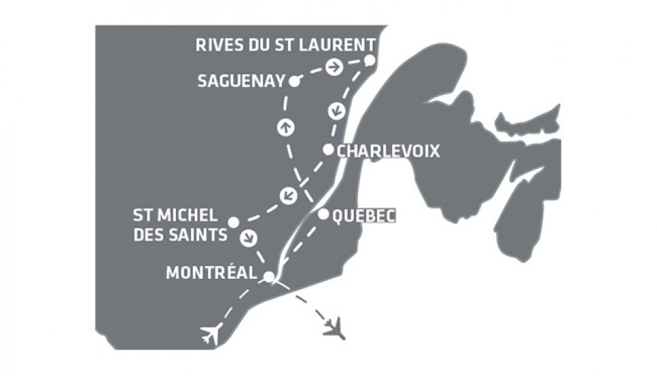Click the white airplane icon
pos(213,334)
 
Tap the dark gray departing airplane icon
pos(335,327)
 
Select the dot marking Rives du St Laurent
pos(370,60)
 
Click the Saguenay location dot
pos(294,81)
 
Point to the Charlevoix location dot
pos(328,150)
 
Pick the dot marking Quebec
pos(323,214)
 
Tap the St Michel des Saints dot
pos(233,222)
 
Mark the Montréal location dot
pos(270,276)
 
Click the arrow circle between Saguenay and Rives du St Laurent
pos(334,67)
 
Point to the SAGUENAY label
pos(241,81)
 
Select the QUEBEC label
pos(363,216)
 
